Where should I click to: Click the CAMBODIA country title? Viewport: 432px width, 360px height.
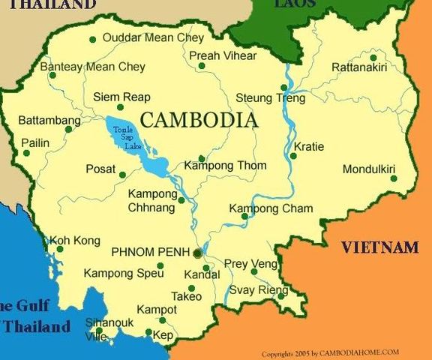(199, 120)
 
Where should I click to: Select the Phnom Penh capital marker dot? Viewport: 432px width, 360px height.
(197, 253)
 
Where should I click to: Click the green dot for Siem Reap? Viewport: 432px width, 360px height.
(120, 107)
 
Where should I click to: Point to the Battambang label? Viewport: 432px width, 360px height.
(49, 120)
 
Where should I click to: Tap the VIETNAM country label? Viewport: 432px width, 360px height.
(379, 247)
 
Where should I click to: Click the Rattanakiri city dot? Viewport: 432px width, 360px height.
(373, 57)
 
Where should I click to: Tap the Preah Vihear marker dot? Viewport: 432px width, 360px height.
(202, 66)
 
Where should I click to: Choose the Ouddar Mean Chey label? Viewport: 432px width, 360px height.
(153, 37)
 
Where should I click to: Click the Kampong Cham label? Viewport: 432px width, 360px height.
(271, 208)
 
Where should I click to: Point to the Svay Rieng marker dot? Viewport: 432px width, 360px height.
(281, 296)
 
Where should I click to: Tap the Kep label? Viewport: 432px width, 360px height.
(163, 335)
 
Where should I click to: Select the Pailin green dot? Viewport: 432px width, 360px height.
(27, 153)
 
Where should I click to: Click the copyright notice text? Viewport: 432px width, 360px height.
(330, 352)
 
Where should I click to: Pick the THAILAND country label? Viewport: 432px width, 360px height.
(48, 4)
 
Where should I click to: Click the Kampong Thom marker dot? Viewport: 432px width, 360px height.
(202, 158)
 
